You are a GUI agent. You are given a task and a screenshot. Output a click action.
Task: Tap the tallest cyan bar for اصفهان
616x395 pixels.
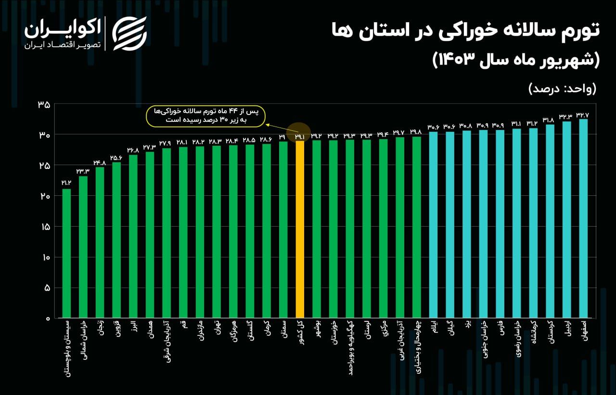(x=583, y=218)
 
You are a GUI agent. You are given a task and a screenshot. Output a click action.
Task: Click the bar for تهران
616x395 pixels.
(x=216, y=231)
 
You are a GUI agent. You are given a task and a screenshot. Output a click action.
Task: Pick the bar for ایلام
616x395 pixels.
(x=433, y=225)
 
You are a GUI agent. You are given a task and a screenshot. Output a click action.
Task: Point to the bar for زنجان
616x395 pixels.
(x=100, y=242)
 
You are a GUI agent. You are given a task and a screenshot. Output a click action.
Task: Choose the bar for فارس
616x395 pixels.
(x=500, y=224)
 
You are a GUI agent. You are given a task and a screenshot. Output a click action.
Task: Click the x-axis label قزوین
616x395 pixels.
(x=116, y=332)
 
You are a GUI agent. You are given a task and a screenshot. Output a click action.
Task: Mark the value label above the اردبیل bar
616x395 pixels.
(x=566, y=116)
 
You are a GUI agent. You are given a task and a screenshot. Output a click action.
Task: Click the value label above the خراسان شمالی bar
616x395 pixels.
(x=83, y=171)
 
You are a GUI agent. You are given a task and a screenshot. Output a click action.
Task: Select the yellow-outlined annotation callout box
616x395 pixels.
(x=206, y=116)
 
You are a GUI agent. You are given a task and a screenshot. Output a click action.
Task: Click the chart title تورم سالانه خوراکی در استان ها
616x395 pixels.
(x=465, y=31)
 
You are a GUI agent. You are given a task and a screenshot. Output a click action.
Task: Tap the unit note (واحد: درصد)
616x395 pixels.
(x=562, y=89)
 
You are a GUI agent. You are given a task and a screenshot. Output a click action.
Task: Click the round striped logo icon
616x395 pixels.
(x=129, y=33)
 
